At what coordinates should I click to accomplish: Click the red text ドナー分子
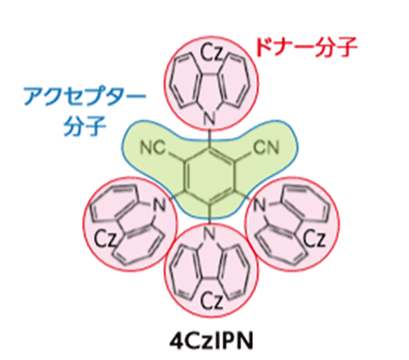(x=306, y=48)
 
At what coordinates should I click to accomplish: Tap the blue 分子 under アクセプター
(x=85, y=126)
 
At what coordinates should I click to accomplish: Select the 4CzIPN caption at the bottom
(x=211, y=341)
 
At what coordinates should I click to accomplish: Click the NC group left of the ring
(x=153, y=148)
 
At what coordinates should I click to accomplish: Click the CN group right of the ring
(x=267, y=148)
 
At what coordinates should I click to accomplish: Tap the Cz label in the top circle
(x=212, y=52)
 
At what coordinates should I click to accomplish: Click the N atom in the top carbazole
(x=209, y=119)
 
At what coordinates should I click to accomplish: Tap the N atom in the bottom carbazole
(x=209, y=232)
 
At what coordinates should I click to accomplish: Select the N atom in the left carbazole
(x=159, y=205)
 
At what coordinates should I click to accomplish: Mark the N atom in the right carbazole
(x=259, y=205)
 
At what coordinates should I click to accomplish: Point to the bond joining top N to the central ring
(x=209, y=137)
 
